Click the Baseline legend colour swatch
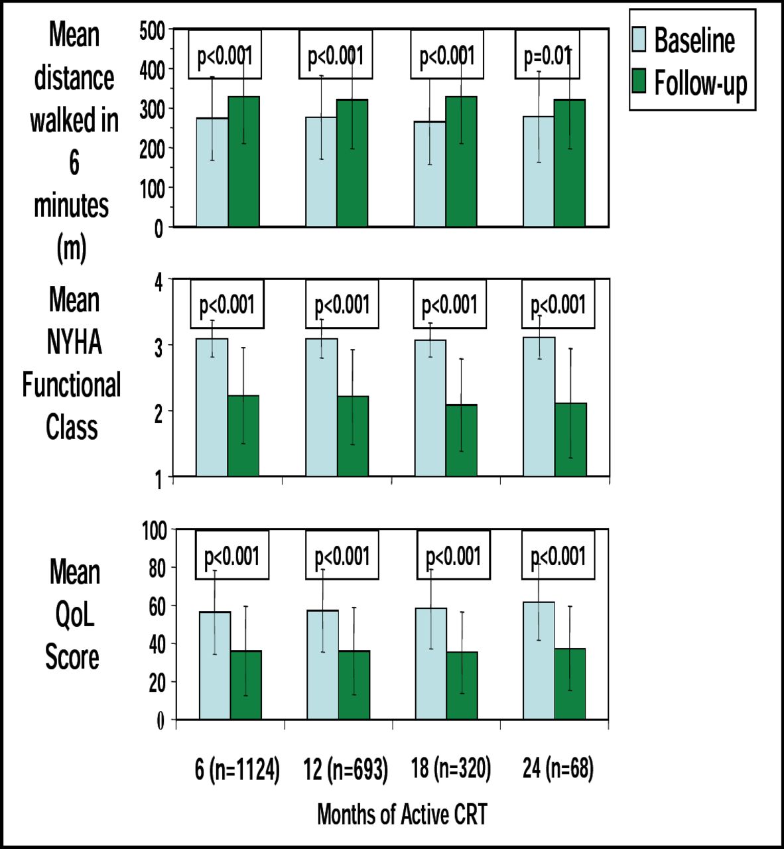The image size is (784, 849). tap(639, 40)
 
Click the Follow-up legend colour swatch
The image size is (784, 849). tap(639, 81)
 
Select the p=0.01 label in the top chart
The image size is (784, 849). tap(547, 56)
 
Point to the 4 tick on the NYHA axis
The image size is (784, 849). tap(158, 282)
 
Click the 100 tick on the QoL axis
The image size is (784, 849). tap(154, 531)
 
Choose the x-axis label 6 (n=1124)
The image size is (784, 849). tap(237, 769)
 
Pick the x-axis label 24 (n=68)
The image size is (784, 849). tap(558, 768)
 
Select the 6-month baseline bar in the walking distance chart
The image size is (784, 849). tap(212, 172)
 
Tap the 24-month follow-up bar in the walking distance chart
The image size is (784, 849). tap(570, 163)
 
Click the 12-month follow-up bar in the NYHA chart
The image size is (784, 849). tap(353, 436)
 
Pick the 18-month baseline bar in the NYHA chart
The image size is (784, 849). tap(430, 408)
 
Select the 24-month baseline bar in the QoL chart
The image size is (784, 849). tap(539, 661)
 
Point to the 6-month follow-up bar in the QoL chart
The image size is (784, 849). tap(245, 685)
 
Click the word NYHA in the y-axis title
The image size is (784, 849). tap(74, 342)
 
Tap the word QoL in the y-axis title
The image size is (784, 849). tap(74, 615)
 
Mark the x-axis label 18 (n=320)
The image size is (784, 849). tap(451, 768)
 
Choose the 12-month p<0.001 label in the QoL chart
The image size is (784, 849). tap(342, 556)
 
